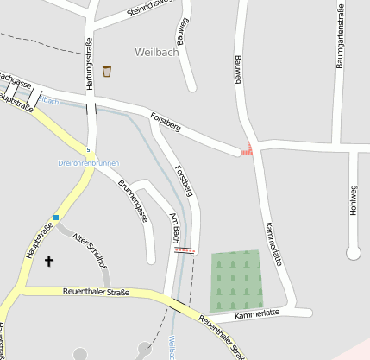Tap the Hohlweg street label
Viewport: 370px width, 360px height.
pyautogui.click(x=354, y=201)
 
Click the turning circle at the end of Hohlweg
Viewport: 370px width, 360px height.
pyautogui.click(x=353, y=253)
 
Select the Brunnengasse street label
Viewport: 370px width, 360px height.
pyautogui.click(x=133, y=201)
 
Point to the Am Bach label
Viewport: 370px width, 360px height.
pyautogui.click(x=175, y=227)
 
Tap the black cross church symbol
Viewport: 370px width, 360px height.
pyautogui.click(x=48, y=260)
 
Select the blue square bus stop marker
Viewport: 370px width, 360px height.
pyautogui.click(x=56, y=218)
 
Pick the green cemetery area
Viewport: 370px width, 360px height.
pyautogui.click(x=235, y=281)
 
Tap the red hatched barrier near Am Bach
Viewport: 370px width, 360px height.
pyautogui.click(x=185, y=249)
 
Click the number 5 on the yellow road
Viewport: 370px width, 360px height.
pyautogui.click(x=87, y=150)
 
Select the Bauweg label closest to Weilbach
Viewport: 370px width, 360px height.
pyautogui.click(x=182, y=35)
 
